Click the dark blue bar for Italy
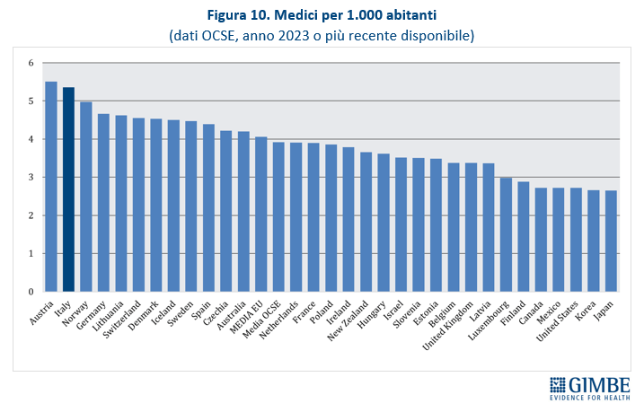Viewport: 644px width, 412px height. (68, 189)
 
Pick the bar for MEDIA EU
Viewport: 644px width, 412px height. (260, 215)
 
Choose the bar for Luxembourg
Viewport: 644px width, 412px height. (506, 234)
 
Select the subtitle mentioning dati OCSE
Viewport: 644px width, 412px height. (321, 37)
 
